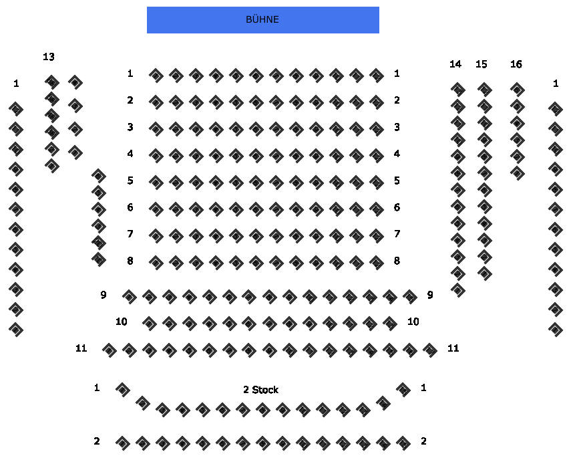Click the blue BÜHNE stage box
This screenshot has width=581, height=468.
[x=262, y=20]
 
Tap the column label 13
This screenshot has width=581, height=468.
[x=49, y=57]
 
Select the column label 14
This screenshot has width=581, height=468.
[x=455, y=64]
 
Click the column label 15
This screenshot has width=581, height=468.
[x=481, y=64]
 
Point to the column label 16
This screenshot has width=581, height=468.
[x=516, y=64]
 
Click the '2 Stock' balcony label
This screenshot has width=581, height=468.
[x=261, y=390]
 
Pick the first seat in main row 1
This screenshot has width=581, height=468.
[x=156, y=76]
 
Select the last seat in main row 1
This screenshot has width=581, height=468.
[x=377, y=76]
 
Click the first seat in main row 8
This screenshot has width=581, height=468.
[x=156, y=263]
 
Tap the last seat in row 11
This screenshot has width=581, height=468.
[x=430, y=350]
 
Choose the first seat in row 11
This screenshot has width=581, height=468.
[x=110, y=350]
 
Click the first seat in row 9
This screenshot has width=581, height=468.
[x=130, y=297]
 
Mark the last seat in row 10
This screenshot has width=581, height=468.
[x=390, y=324]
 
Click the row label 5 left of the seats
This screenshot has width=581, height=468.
[x=130, y=181]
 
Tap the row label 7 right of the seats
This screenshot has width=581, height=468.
[x=397, y=234]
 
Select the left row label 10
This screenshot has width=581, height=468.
[x=121, y=322]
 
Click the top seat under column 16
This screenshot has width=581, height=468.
[x=518, y=90]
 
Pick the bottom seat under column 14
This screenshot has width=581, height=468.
[x=458, y=290]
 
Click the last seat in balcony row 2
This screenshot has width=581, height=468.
[x=403, y=443]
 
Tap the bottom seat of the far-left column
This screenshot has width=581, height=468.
[x=16, y=330]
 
